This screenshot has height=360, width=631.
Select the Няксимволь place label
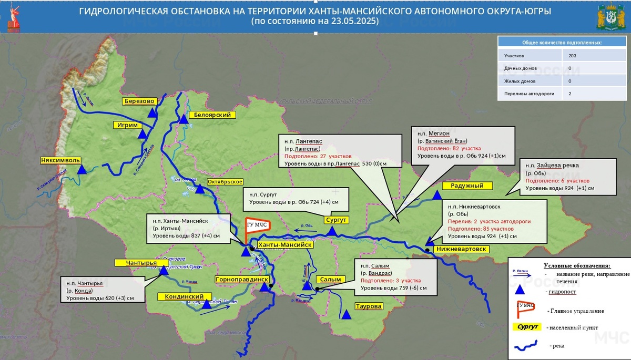point(60,160)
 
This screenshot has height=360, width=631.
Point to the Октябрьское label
point(225,181)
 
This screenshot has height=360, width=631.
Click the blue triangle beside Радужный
point(437,196)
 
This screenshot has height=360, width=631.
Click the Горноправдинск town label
point(242,280)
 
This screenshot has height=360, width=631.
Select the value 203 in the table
point(573,55)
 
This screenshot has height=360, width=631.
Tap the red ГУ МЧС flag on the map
point(257,227)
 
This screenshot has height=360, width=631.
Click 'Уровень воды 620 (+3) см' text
point(100,299)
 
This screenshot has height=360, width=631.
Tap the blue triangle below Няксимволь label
point(82,170)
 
